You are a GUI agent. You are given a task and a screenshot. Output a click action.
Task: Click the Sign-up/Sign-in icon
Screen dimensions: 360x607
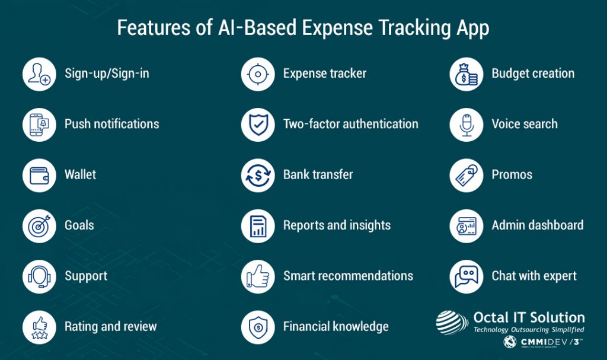[x=39, y=74]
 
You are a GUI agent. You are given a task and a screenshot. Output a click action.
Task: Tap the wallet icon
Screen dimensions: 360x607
[x=39, y=175]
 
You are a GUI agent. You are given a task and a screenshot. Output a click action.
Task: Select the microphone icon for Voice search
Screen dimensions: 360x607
[x=467, y=125]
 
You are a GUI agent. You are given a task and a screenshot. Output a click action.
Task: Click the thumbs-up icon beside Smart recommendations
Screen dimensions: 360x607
[x=258, y=276]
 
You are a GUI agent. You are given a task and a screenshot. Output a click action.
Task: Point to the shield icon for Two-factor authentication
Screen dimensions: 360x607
[x=258, y=125]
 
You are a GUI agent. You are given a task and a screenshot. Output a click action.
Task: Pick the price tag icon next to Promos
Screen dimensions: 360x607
[x=467, y=175]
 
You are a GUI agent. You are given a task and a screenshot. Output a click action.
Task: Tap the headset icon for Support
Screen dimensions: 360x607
[x=39, y=276]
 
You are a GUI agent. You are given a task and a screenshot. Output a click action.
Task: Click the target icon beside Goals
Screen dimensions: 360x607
[x=39, y=226]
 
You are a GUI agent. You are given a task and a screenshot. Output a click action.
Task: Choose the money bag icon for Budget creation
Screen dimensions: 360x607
[x=467, y=74]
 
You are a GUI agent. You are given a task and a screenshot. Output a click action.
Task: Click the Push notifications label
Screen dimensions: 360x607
[x=111, y=124]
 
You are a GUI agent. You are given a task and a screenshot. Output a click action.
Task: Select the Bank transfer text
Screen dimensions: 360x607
[x=318, y=175]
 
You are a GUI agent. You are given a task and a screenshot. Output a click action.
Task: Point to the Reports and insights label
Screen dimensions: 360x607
[x=337, y=225]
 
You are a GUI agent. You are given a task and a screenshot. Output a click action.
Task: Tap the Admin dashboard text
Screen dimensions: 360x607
[x=537, y=225]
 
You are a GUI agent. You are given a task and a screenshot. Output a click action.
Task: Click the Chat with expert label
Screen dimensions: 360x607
[x=533, y=276]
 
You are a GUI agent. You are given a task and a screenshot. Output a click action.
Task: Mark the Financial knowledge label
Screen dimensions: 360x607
[x=336, y=326]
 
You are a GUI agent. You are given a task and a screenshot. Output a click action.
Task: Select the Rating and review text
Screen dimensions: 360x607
[x=110, y=326]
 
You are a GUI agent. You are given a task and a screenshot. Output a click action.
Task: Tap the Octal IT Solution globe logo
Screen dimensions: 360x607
[x=452, y=323]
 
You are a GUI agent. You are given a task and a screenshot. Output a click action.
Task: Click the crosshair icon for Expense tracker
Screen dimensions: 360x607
[x=258, y=74]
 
